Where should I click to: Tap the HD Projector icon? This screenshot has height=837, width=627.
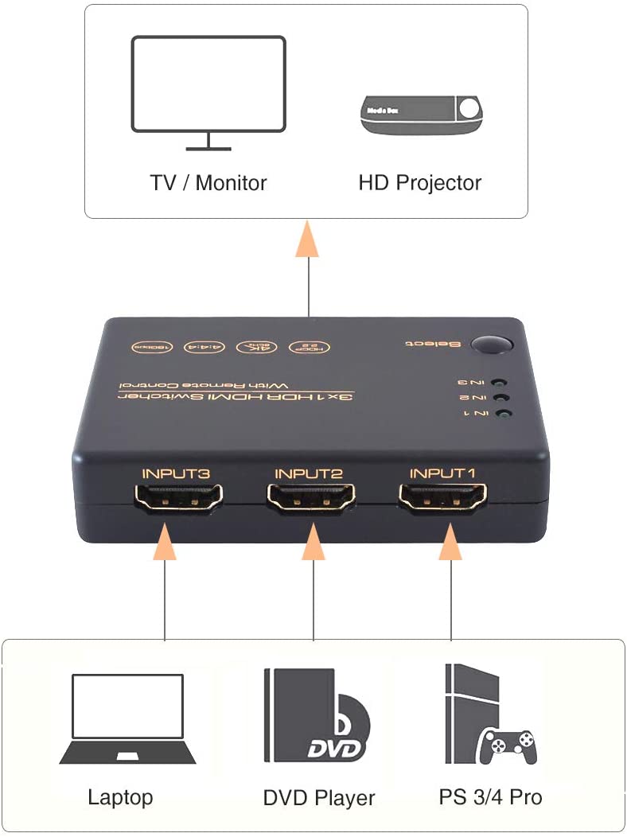click(423, 115)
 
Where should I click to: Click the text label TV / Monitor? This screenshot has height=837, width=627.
click(208, 183)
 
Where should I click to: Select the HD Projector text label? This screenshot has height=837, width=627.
click(420, 184)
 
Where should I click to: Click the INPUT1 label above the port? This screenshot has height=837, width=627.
click(442, 473)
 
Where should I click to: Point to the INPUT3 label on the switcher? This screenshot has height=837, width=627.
click(176, 473)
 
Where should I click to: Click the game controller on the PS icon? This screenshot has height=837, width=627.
click(508, 747)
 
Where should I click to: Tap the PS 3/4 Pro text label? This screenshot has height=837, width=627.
click(490, 796)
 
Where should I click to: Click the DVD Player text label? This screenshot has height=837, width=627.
click(318, 797)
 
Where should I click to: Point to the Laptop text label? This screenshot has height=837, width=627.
click(120, 797)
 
